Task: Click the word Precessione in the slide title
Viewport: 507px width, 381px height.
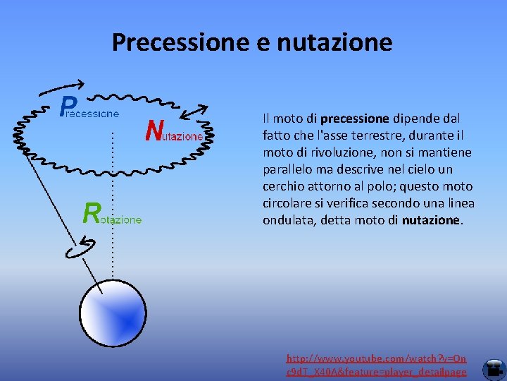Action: pyautogui.click(x=173, y=42)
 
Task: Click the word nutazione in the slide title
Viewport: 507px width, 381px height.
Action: pyautogui.click(x=334, y=42)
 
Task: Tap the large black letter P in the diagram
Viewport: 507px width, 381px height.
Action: pyautogui.click(x=67, y=107)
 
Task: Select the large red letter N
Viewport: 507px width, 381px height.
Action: pyautogui.click(x=155, y=130)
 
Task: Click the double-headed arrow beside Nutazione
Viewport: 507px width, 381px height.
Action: pyautogui.click(x=195, y=112)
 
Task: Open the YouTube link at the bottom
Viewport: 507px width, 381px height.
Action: pyautogui.click(x=376, y=365)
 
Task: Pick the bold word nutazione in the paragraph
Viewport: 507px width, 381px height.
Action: pyautogui.click(x=431, y=220)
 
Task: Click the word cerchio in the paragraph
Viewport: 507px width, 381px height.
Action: pyautogui.click(x=283, y=186)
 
